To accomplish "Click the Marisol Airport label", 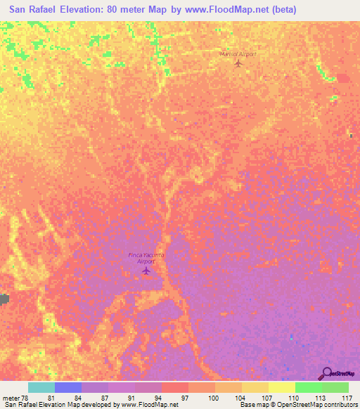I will point(238,53).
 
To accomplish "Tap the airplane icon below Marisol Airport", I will point(238,64).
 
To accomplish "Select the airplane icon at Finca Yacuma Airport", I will point(146,270).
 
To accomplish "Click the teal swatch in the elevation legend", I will point(41,387).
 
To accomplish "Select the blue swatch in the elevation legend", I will point(67,387).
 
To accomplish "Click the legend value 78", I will point(24,398).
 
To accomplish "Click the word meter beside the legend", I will point(10,398).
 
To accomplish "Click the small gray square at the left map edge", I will point(4,299).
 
